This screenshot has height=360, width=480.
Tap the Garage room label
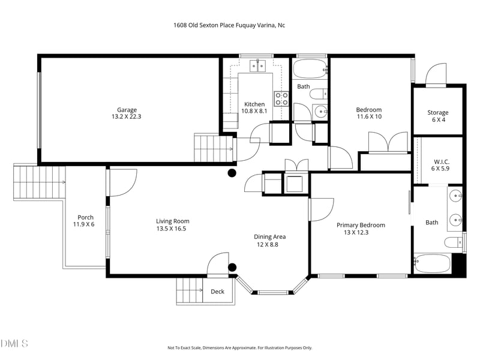point(127,113)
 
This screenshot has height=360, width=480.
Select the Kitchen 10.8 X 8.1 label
point(254,107)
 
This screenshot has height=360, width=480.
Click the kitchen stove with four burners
point(281,98)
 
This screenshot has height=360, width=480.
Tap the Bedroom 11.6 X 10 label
point(368,113)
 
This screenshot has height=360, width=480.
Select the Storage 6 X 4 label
point(437,116)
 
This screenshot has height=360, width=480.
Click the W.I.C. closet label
point(441,166)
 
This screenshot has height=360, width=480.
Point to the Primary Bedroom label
point(361,229)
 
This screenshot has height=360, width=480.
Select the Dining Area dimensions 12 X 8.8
point(268,244)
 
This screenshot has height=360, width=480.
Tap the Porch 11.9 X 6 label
point(84,221)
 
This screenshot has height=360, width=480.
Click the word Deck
point(217,292)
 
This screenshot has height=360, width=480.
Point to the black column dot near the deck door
point(232,268)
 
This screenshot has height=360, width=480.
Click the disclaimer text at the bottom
point(239,347)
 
